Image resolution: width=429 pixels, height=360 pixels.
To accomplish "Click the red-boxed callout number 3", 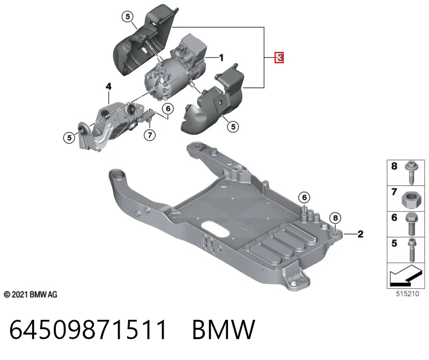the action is [279, 57].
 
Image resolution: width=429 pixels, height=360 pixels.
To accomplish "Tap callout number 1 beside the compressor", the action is [221, 58].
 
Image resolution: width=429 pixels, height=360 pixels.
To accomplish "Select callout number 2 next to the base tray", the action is [360, 234].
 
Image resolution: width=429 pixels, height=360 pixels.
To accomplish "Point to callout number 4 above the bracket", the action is [109, 87].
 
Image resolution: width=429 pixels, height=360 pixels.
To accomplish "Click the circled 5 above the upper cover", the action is [128, 17].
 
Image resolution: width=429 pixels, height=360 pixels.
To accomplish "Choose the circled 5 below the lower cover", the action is [233, 126].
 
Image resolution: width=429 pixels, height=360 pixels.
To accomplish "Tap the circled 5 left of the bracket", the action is [69, 138].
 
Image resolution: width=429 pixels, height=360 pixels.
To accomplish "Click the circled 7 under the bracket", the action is [150, 135].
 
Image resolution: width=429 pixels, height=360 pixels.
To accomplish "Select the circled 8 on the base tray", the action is [336, 218].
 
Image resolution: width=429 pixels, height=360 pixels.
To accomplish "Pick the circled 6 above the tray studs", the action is [304, 197].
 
